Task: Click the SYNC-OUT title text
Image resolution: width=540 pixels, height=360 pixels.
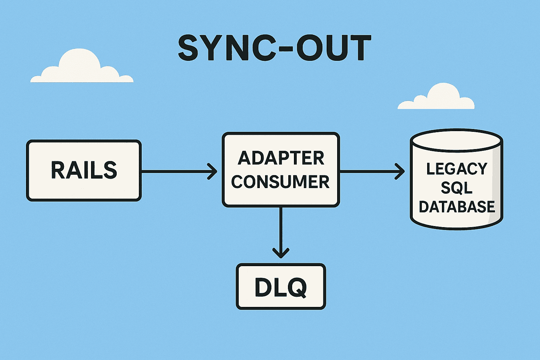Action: pyautogui.click(x=274, y=48)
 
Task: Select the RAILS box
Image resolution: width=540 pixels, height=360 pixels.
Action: pyautogui.click(x=84, y=171)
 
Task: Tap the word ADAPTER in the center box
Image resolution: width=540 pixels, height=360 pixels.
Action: pyautogui.click(x=281, y=158)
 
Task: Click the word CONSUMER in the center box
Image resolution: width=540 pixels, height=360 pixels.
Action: pyautogui.click(x=281, y=182)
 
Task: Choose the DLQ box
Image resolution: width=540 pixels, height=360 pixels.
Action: pyautogui.click(x=281, y=287)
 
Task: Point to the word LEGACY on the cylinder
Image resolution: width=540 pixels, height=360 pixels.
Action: pyautogui.click(x=457, y=169)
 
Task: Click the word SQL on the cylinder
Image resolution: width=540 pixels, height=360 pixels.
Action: pyautogui.click(x=457, y=188)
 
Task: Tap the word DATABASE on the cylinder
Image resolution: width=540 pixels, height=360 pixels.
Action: pyautogui.click(x=457, y=207)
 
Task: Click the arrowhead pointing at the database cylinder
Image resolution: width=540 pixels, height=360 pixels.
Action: pyautogui.click(x=400, y=172)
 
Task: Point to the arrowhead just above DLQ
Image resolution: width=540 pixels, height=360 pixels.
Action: pyautogui.click(x=281, y=253)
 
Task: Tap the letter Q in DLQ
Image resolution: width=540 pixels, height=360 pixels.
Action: pyautogui.click(x=297, y=288)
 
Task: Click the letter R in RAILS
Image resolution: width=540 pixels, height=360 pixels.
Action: pyautogui.click(x=58, y=171)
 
